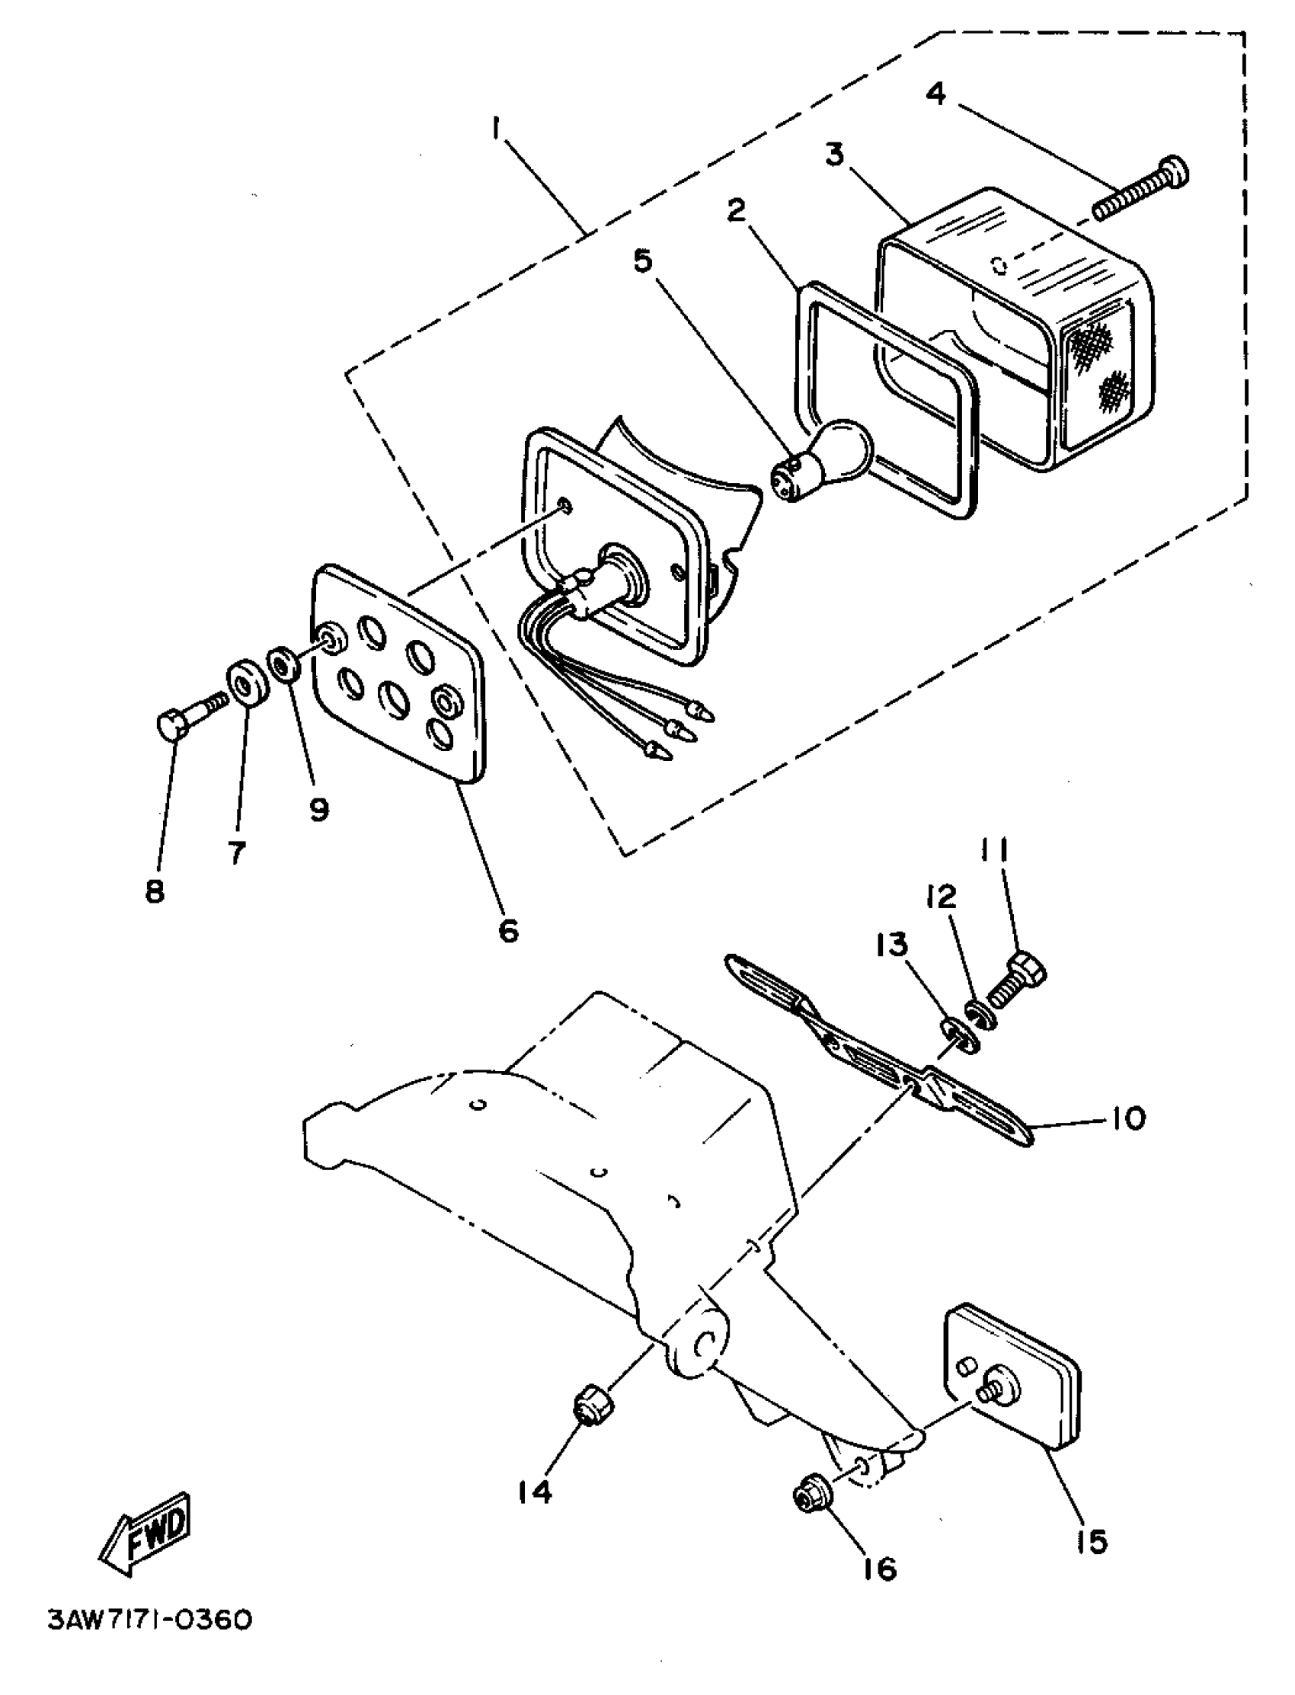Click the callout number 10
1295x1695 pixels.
[x=1127, y=1118]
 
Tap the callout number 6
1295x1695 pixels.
[x=508, y=930]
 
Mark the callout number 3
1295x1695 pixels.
[x=834, y=154]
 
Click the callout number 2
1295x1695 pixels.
[x=737, y=209]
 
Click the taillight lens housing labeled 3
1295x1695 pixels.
[x=1018, y=331]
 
